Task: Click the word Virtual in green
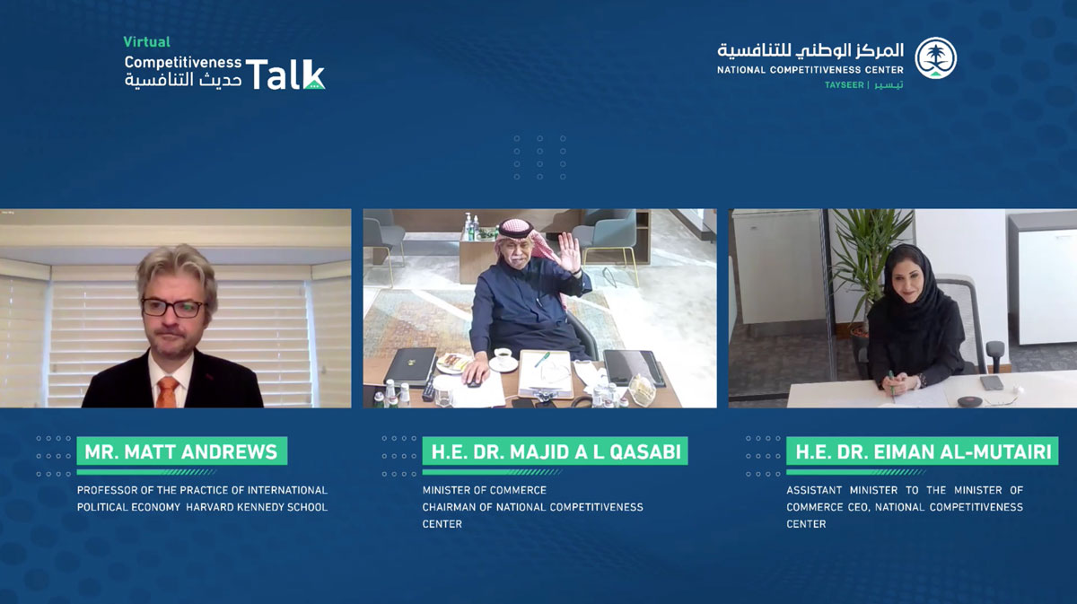pyautogui.click(x=146, y=42)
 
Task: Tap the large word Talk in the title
pyautogui.click(x=285, y=74)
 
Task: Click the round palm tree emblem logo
pyautogui.click(x=935, y=57)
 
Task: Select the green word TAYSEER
pyautogui.click(x=845, y=85)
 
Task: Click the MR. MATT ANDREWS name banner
pyautogui.click(x=181, y=451)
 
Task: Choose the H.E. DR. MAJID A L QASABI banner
pyautogui.click(x=555, y=451)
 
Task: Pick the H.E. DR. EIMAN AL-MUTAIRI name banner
pyautogui.click(x=923, y=451)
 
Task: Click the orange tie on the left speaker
pyautogui.click(x=167, y=392)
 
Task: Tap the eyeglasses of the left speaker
pyautogui.click(x=173, y=308)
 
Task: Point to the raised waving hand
pyautogui.click(x=570, y=252)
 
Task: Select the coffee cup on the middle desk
pyautogui.click(x=503, y=356)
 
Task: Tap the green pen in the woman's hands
pyautogui.click(x=892, y=385)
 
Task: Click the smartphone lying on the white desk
pyautogui.click(x=992, y=382)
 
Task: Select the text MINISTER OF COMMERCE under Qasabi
pyautogui.click(x=484, y=490)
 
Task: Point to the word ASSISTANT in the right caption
pyautogui.click(x=814, y=490)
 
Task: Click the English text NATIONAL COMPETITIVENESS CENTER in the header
pyautogui.click(x=810, y=70)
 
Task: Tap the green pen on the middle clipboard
pyautogui.click(x=542, y=359)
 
